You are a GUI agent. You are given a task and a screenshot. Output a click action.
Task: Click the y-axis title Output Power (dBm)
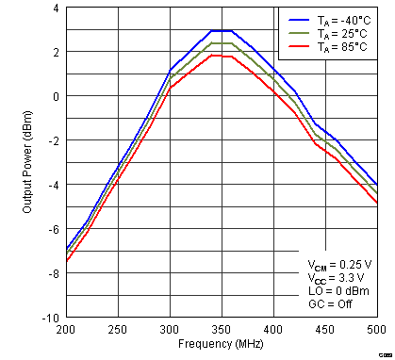28,162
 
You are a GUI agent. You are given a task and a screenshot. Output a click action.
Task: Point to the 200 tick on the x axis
65,330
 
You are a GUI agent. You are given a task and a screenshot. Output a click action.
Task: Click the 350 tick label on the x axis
221,330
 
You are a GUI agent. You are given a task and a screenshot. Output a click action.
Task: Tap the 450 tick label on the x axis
324,330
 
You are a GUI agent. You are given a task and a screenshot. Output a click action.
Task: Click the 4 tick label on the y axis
56,8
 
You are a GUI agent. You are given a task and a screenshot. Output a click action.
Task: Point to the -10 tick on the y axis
52,318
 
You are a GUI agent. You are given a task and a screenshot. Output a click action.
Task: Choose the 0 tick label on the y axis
56,96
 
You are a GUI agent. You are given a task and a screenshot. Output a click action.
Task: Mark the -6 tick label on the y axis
54,229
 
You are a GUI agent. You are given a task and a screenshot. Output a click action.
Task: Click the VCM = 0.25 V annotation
338,264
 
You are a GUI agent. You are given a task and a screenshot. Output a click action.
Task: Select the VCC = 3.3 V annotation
336,278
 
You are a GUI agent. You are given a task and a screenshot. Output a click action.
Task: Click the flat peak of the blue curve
221,30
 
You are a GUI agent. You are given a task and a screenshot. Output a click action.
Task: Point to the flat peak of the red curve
221,55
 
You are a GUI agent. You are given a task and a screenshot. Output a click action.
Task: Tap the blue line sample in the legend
297,18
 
